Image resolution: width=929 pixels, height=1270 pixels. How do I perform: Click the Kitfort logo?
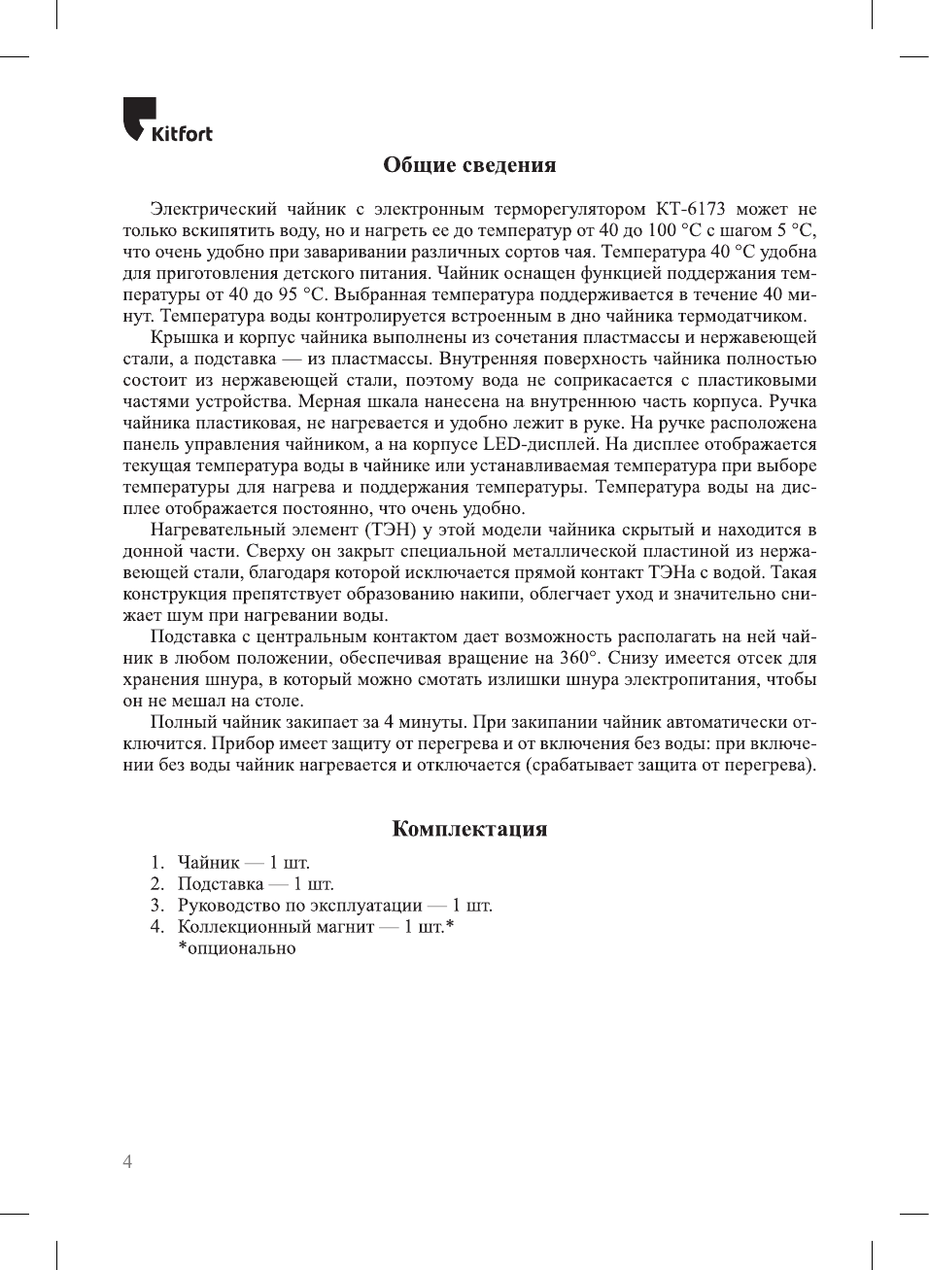167,120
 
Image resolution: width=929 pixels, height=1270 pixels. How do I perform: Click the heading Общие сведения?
469,165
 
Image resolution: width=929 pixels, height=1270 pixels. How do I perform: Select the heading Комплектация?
469,829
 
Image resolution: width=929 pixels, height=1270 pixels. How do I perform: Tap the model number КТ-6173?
690,209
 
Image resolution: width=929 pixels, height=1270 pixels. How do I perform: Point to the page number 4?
127,1161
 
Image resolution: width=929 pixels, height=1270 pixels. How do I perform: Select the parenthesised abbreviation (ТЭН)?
392,530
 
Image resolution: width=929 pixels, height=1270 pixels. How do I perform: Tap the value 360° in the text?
579,658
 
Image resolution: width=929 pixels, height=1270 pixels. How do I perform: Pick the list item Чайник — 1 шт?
243,862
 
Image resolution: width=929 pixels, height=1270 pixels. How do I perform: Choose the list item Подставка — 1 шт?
255,883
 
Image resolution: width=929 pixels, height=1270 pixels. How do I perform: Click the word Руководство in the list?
229,905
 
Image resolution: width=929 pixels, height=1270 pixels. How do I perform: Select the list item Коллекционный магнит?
276,926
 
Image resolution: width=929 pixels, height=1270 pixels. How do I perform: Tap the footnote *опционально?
236,947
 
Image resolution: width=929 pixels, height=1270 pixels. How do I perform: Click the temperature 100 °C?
674,230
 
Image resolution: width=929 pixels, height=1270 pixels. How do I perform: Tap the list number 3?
156,905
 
